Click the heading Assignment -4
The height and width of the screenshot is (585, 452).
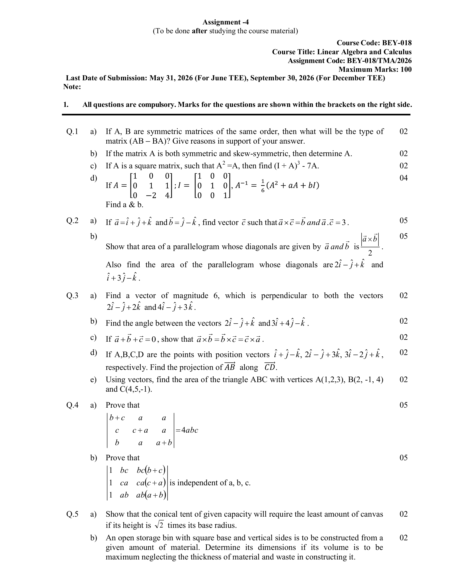pos(225,22)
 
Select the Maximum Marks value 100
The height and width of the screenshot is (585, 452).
pos(406,69)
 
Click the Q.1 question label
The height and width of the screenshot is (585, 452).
pos(72,132)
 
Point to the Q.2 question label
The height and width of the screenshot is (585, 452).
pos(72,220)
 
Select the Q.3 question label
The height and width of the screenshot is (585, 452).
pos(72,295)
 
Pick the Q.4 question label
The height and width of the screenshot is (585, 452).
pos(72,405)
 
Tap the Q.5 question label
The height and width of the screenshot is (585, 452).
pos(72,514)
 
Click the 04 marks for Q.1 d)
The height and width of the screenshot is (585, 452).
pos(404,178)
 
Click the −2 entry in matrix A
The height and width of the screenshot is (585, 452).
pos(151,195)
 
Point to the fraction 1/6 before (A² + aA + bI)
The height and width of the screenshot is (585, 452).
pos(263,186)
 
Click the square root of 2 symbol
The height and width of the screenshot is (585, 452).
pos(159,525)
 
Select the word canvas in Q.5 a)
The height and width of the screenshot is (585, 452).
pos(371,514)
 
